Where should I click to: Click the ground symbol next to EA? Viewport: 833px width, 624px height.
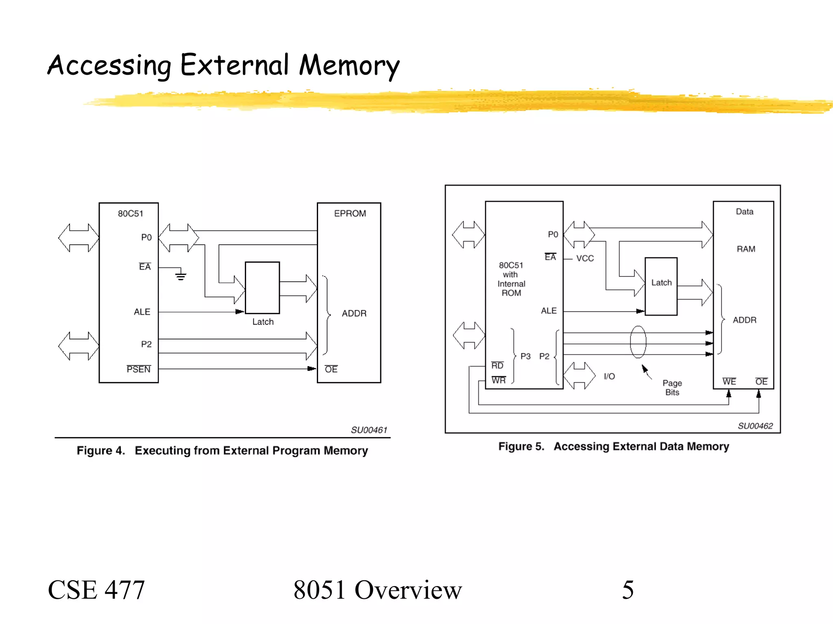click(x=181, y=276)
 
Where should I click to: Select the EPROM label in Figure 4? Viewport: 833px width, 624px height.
click(x=350, y=213)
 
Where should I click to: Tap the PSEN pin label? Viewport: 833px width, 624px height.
click(x=139, y=369)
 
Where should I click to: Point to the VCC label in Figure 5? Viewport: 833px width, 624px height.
click(x=585, y=258)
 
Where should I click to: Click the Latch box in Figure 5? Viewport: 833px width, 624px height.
click(x=661, y=286)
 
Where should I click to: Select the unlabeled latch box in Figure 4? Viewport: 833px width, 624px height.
click(x=262, y=287)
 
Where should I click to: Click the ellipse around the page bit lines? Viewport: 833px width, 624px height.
click(x=638, y=342)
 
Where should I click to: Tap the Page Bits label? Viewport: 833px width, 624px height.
click(x=672, y=387)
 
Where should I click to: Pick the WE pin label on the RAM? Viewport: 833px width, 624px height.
click(x=729, y=381)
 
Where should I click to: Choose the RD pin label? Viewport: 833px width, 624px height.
click(x=497, y=365)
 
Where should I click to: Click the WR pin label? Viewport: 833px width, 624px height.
click(x=499, y=380)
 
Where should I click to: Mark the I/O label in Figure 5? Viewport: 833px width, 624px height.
click(x=609, y=376)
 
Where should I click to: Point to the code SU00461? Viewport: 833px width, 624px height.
click(x=369, y=430)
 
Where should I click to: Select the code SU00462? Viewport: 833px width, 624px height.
click(x=755, y=426)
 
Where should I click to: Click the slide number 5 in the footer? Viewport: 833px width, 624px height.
click(x=628, y=589)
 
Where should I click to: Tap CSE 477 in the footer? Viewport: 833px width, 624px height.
click(x=96, y=589)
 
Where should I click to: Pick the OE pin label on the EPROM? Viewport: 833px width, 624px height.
click(x=331, y=369)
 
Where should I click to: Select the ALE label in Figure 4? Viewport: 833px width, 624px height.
click(x=142, y=312)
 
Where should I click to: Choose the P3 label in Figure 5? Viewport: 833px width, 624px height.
click(x=526, y=356)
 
